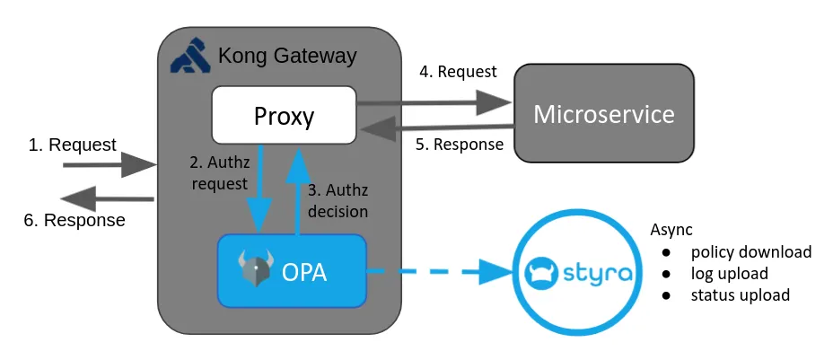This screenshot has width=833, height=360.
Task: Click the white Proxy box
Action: click(284, 115)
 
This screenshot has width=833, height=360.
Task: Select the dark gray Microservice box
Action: click(603, 114)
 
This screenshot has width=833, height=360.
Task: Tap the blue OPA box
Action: click(292, 270)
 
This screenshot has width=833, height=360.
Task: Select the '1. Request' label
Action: click(73, 145)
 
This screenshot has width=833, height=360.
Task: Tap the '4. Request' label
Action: click(458, 72)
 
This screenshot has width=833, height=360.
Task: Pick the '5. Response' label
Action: click(459, 144)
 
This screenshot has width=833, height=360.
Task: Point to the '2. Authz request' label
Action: click(218, 173)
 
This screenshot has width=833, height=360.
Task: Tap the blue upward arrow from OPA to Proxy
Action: click(298, 189)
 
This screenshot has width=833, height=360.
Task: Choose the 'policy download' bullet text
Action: click(750, 251)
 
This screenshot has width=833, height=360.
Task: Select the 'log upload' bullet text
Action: click(729, 273)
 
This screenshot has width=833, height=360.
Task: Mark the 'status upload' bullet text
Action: click(740, 294)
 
